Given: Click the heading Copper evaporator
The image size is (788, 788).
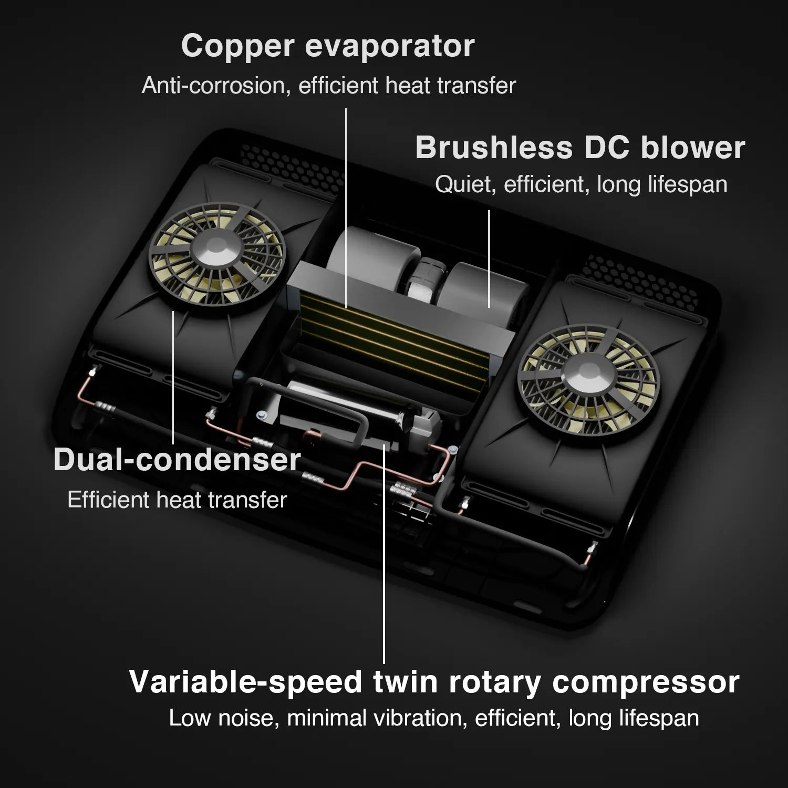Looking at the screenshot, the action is pos(328,47).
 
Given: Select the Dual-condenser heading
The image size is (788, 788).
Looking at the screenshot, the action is pos(177,460).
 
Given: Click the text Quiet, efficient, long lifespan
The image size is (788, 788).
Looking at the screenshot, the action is pos(581,184).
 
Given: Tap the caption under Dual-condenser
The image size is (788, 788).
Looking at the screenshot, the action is pos(178,500).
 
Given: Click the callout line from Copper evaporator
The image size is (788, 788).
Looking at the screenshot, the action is pos(346,208).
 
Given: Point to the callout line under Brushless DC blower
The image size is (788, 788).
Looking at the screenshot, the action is pos(489,259).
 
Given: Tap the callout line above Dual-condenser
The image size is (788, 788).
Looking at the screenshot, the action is pos(173,377).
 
